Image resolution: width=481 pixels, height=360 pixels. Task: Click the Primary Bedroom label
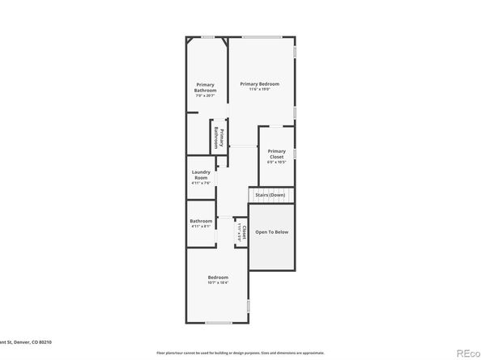point(259,84)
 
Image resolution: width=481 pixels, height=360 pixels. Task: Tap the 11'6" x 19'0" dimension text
point(259,91)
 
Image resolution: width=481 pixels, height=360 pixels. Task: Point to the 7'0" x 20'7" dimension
point(206,96)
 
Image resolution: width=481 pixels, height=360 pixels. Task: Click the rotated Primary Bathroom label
point(217,137)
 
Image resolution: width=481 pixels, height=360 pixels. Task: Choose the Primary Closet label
point(277,154)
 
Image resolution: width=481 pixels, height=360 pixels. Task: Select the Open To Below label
point(271,232)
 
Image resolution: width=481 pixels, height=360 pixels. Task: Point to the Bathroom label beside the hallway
point(201,221)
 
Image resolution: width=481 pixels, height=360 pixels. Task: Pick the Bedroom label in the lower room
point(218,277)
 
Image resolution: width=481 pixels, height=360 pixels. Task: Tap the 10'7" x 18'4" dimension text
point(218,283)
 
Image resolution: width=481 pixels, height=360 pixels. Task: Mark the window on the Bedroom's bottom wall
point(218,323)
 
